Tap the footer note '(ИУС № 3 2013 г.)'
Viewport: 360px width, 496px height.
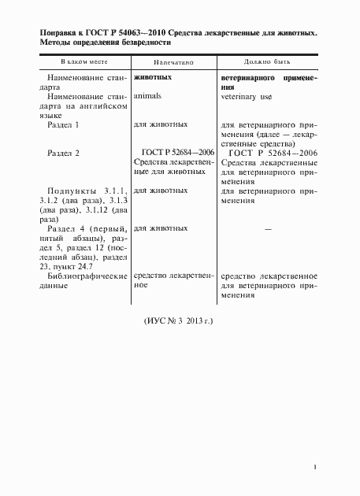(x=180, y=322)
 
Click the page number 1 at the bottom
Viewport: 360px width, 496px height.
(x=314, y=467)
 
